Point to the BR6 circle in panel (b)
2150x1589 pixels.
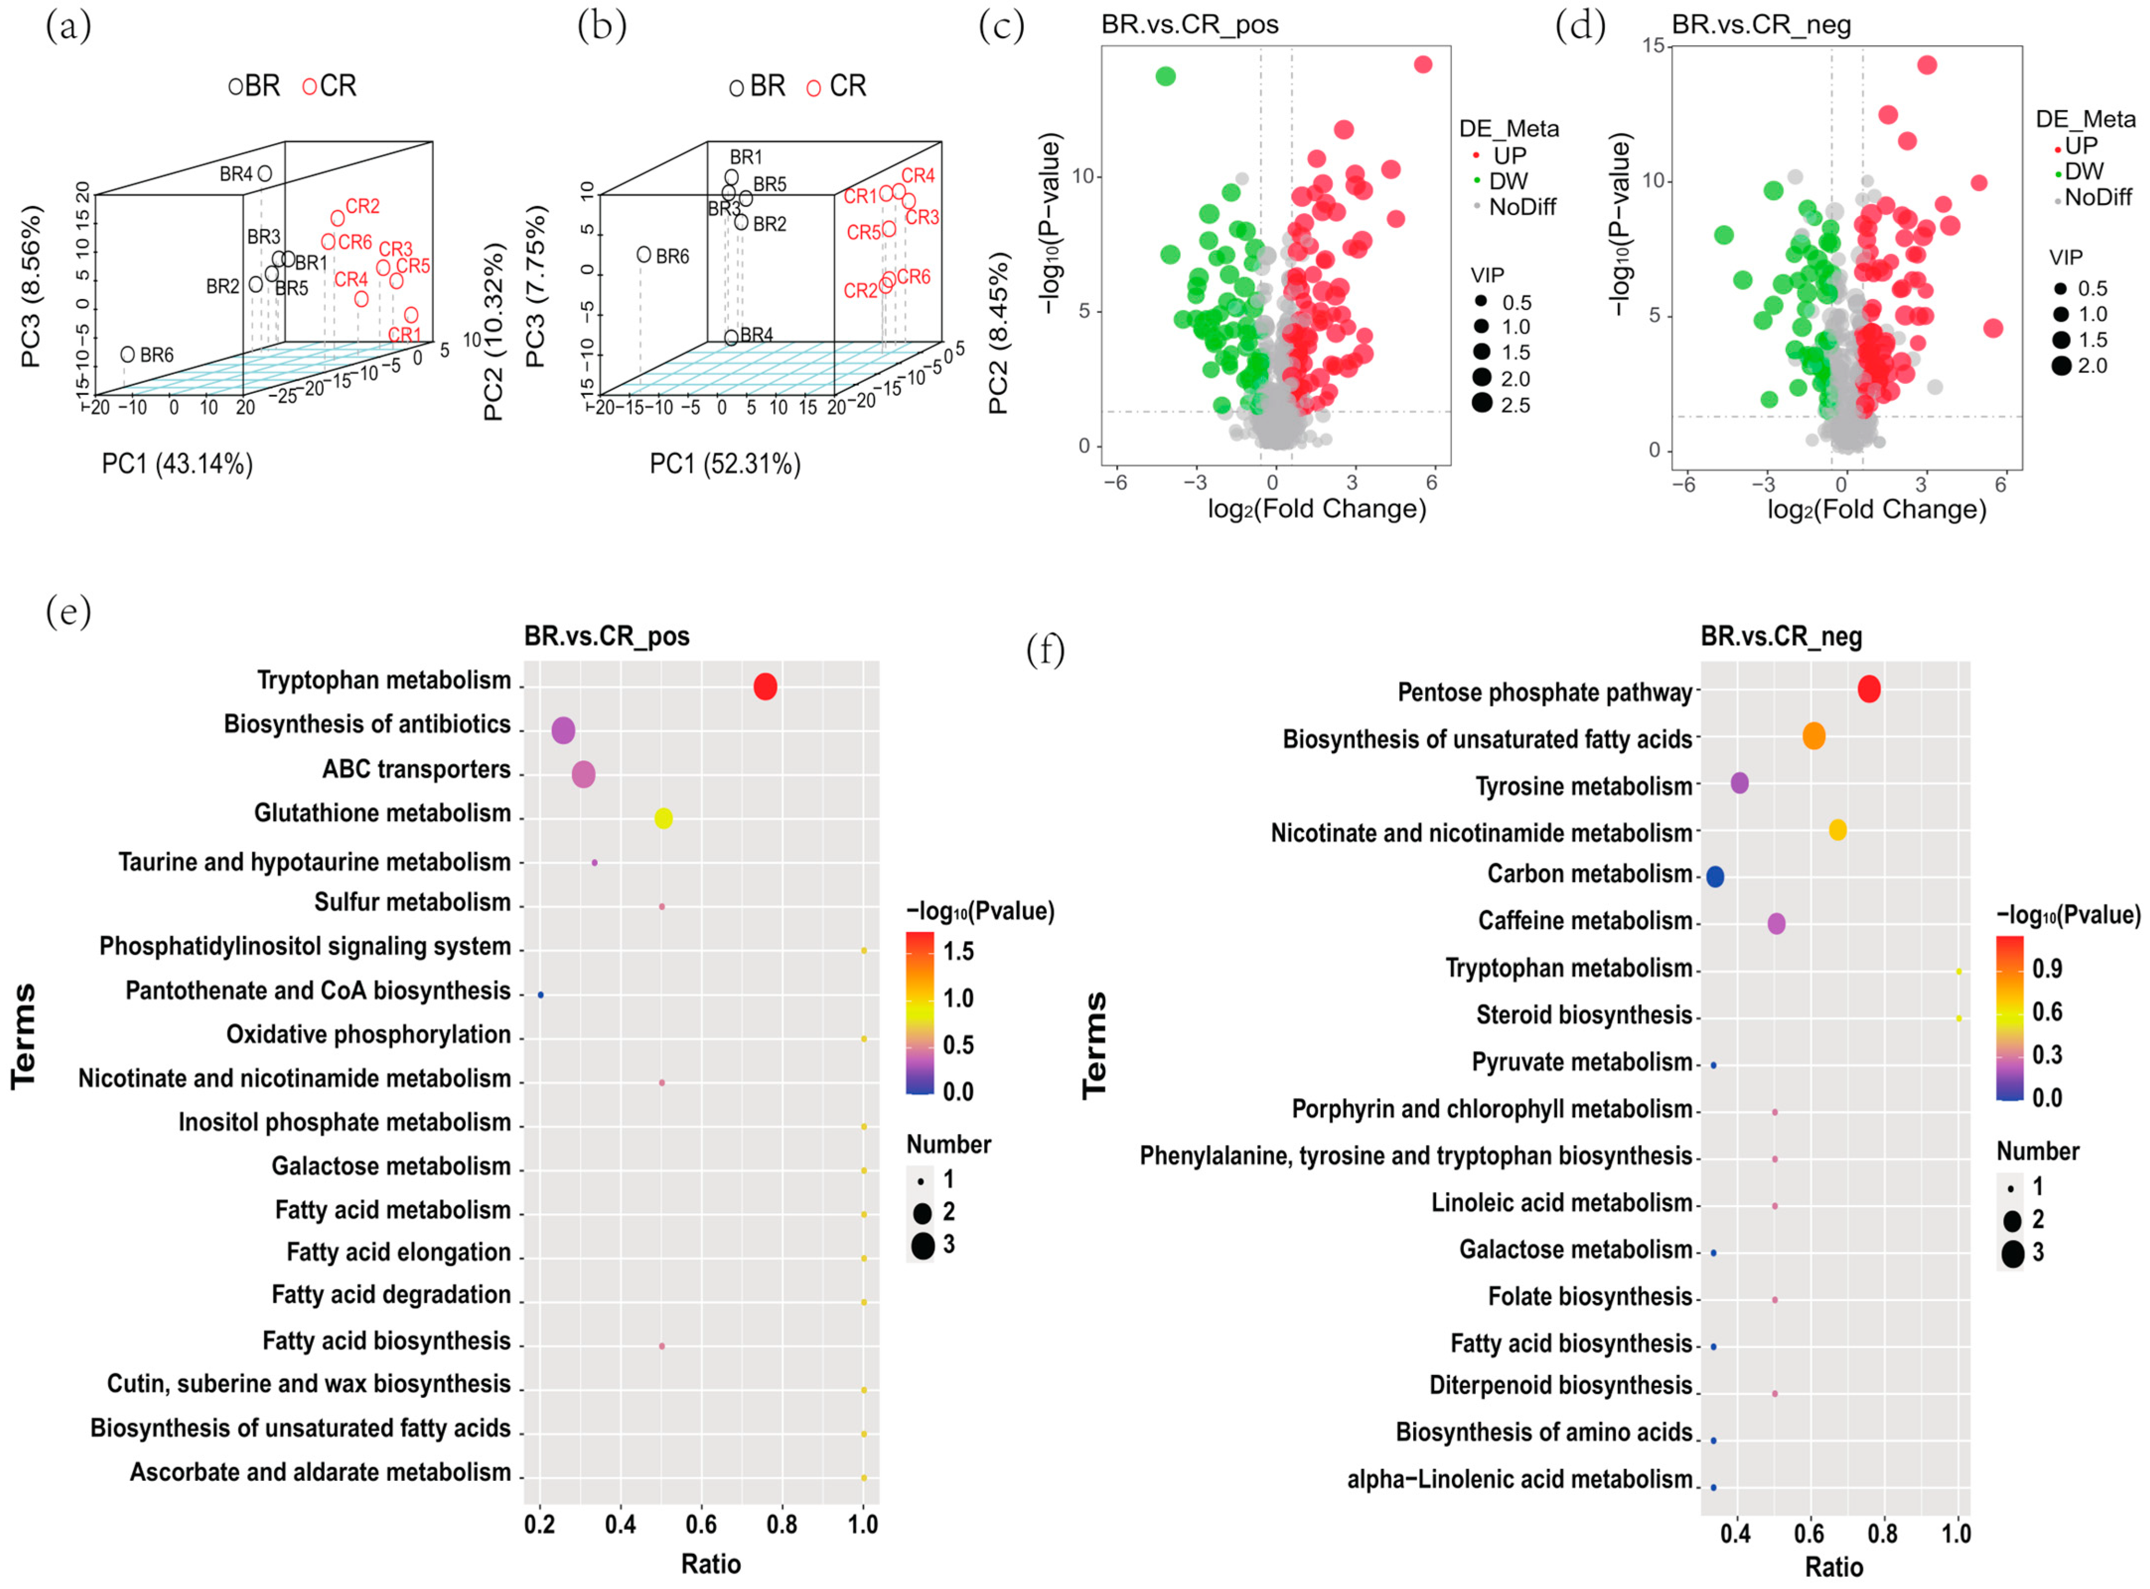[x=644, y=255]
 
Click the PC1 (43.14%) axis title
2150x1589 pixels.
[x=178, y=465]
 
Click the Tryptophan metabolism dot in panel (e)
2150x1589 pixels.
[x=765, y=687]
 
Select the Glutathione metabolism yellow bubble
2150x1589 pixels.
[x=663, y=818]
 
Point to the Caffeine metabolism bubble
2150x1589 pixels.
[x=1777, y=924]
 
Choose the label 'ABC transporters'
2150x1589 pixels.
[x=417, y=770]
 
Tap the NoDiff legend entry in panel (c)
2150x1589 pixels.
[x=1521, y=207]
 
